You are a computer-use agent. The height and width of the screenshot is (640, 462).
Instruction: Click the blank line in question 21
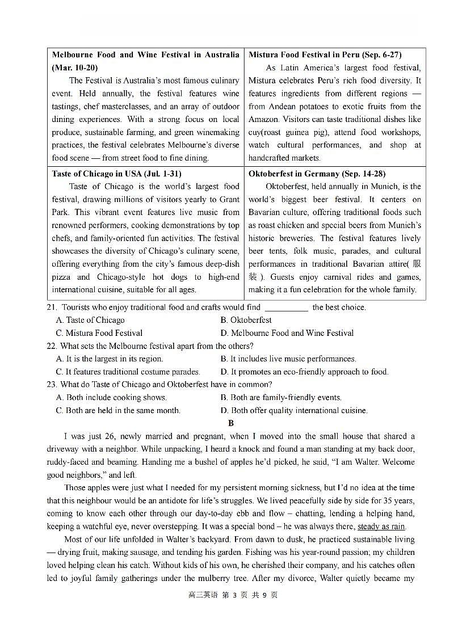click(286, 308)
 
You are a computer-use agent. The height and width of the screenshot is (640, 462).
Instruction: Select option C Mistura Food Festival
click(99, 333)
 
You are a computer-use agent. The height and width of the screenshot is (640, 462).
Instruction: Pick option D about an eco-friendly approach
click(304, 372)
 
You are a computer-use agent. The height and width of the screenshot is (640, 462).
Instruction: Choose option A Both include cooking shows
click(111, 397)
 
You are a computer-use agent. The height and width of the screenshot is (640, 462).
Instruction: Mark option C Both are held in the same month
click(118, 410)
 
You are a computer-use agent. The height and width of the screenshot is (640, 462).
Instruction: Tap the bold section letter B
click(230, 423)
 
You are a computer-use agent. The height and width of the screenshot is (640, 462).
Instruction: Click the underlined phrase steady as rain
click(381, 527)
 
